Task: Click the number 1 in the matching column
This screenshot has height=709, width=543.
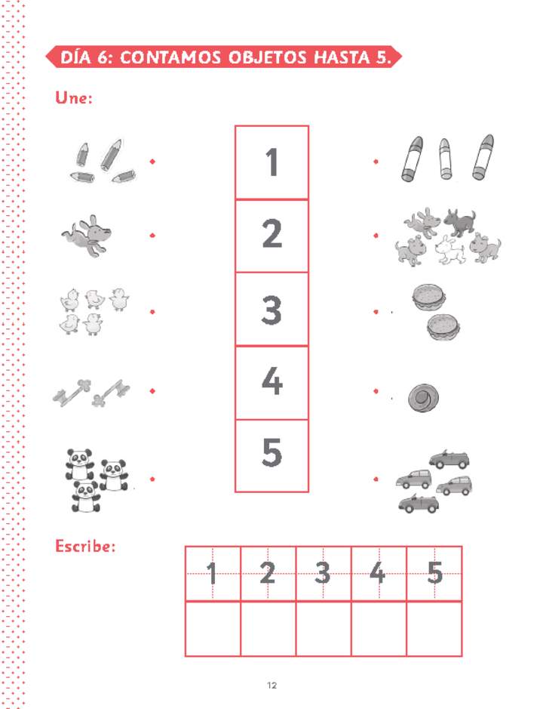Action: coord(271,162)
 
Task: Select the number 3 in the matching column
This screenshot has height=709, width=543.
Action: coord(271,309)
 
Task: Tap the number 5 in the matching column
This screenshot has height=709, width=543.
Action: coord(271,452)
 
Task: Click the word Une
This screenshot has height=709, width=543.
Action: coord(74,98)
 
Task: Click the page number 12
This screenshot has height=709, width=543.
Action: coord(272,686)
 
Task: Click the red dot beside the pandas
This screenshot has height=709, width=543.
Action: coord(152,479)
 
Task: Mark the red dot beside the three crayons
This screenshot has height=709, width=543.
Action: coord(376,162)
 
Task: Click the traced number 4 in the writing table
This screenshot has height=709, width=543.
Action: coord(378,574)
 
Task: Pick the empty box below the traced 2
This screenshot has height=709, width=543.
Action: coord(268,628)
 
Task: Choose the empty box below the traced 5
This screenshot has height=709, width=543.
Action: coord(434,628)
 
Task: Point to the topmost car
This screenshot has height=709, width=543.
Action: coord(449,458)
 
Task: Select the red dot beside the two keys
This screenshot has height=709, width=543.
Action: coord(152,390)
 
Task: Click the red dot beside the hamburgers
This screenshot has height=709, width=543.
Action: coord(376,311)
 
